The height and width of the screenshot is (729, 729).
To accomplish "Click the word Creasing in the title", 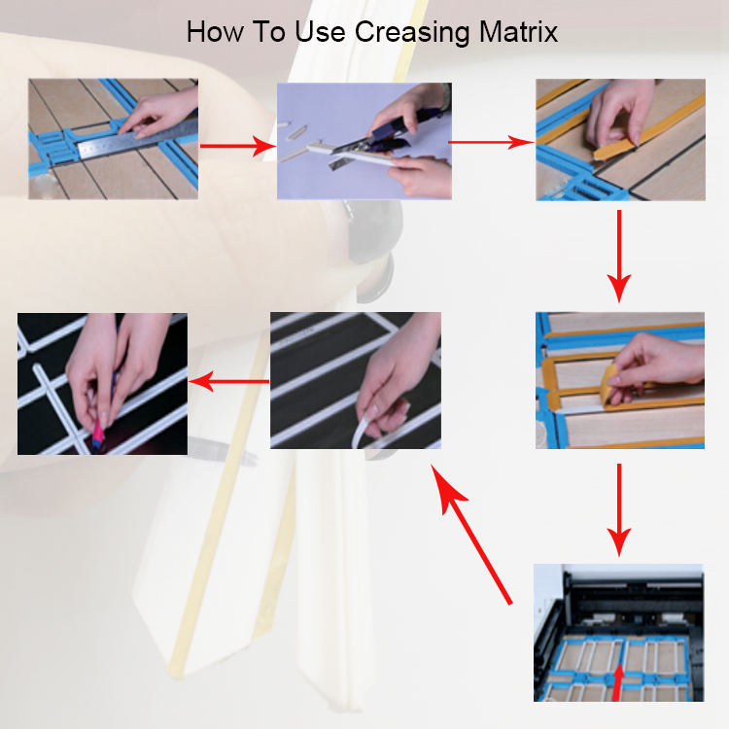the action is [x=412, y=33].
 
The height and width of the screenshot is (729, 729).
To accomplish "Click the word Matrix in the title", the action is [x=518, y=32].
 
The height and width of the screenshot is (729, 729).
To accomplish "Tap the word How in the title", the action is [x=215, y=32].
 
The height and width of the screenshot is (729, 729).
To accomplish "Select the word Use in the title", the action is [x=321, y=32].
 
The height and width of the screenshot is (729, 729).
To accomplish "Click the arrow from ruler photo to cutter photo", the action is [x=238, y=146].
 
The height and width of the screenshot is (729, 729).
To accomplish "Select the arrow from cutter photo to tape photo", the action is [x=492, y=142].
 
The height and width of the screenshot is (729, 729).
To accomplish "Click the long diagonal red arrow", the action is [x=471, y=534].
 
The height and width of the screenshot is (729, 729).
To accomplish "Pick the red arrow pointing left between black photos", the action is [x=228, y=382].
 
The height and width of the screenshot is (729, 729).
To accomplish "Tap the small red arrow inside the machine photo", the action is [x=617, y=682].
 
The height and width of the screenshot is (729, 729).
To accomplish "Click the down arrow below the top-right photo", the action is [x=619, y=257].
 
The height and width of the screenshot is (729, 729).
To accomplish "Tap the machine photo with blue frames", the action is [x=618, y=633].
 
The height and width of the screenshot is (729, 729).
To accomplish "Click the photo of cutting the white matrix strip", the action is [x=364, y=141].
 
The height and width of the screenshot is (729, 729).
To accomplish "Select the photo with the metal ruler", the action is [x=113, y=139].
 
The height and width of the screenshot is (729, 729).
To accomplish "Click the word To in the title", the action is [x=269, y=32].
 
